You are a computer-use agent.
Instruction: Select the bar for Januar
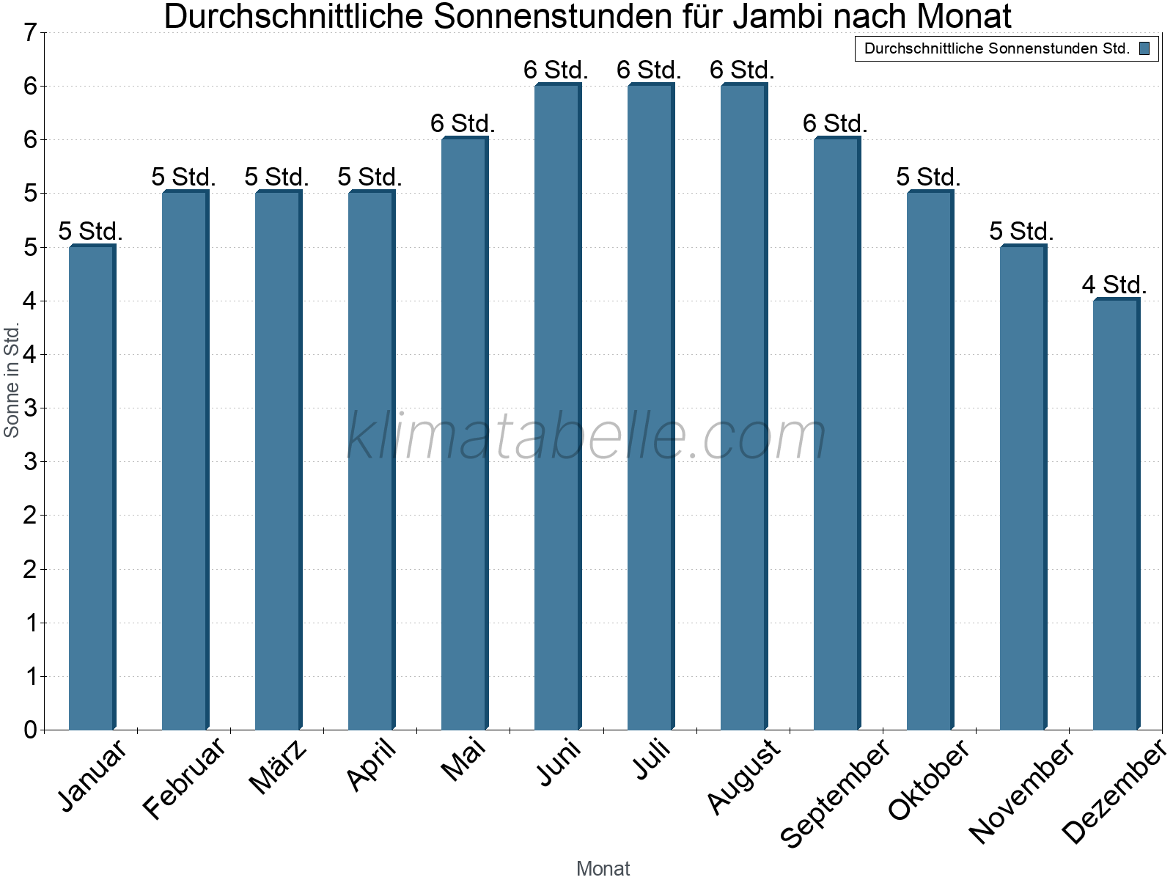[x=92, y=488]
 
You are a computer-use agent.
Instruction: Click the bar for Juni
[x=557, y=407]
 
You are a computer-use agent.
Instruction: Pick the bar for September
[x=836, y=434]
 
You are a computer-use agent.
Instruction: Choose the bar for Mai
[x=464, y=434]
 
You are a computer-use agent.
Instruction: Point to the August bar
[x=743, y=407]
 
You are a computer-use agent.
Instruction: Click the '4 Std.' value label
[x=1114, y=285]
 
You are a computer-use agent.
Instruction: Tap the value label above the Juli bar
[x=649, y=70]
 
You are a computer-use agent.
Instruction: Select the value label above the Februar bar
[x=183, y=177]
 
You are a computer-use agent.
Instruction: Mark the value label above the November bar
[x=1021, y=232]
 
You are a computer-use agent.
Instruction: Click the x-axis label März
[x=279, y=766]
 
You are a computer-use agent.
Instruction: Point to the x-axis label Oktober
[x=929, y=779]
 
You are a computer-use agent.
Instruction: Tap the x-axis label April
[x=372, y=764]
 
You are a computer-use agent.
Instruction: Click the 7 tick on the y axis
[x=30, y=33]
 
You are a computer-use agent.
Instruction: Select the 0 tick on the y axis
[x=30, y=730]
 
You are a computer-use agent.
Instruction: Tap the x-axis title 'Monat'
[x=603, y=869]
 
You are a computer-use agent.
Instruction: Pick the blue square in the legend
[x=1144, y=49]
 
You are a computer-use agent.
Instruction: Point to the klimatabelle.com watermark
[x=586, y=436]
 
